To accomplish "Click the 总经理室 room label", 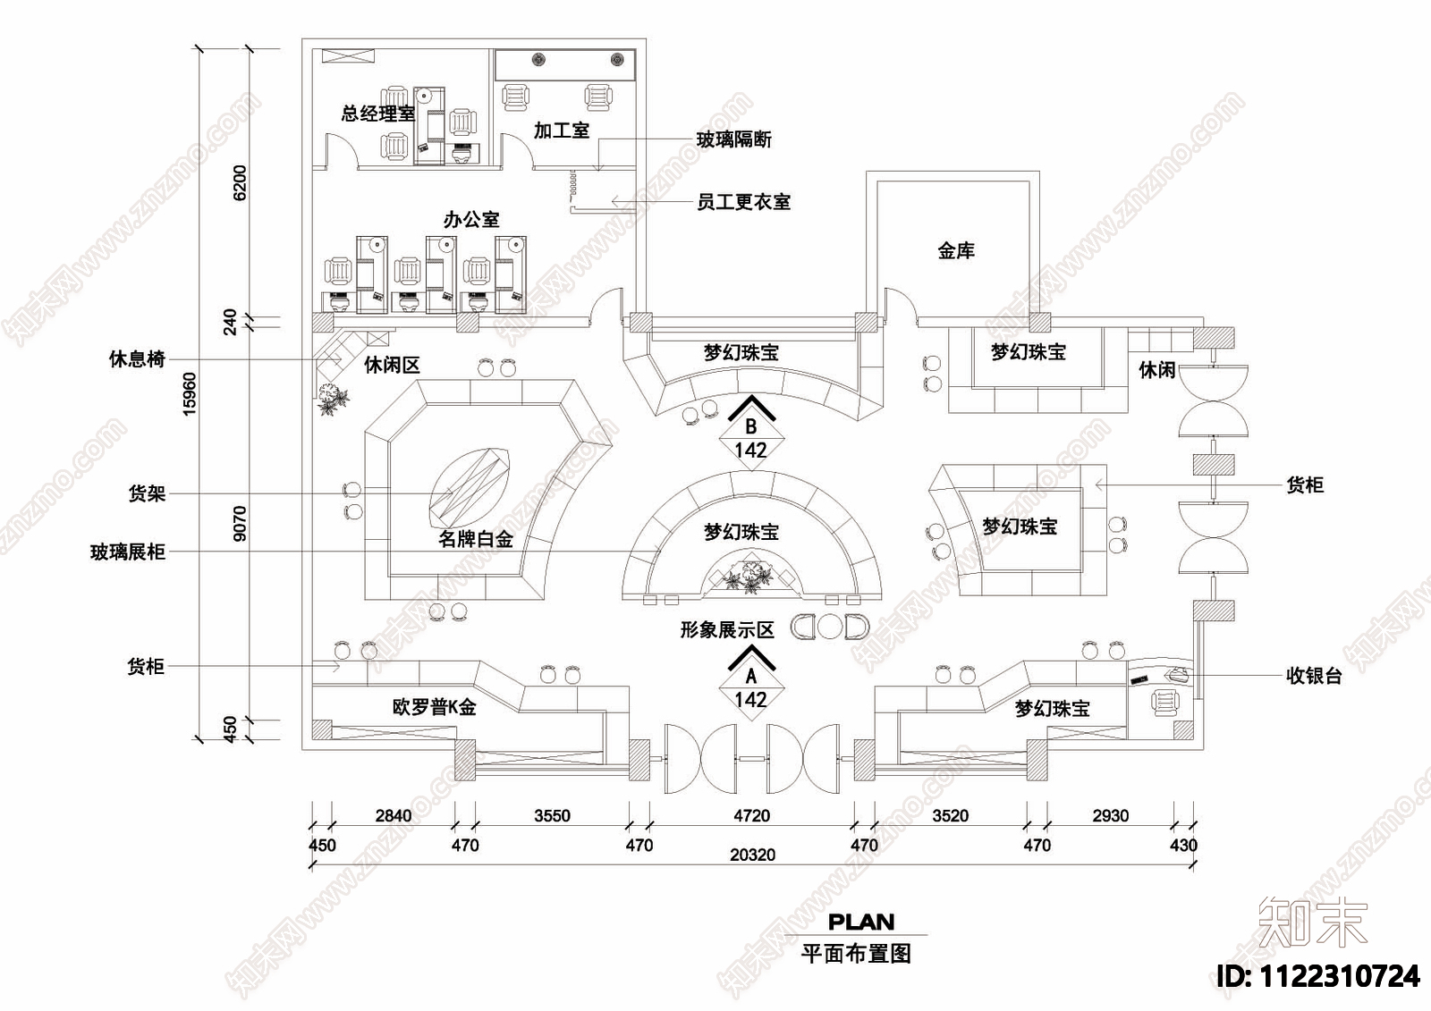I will coord(377,114).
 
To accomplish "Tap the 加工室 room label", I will coord(562,131).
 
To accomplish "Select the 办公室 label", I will coord(471,219).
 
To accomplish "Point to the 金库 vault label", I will coord(955,251).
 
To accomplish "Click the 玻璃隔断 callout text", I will coord(734,139).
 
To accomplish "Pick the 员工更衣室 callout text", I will coord(744,202).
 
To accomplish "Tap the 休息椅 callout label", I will coord(137,359).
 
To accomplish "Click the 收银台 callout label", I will coord(1314,676).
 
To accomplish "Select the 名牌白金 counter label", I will coord(476,539).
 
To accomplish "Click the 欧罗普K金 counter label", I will coord(435,708).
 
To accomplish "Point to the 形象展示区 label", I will coord(726,629).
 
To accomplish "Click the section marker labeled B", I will coord(751,428).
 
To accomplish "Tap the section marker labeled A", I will coord(751,678).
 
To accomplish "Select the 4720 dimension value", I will coord(751,815).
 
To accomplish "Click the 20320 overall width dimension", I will coord(752,855).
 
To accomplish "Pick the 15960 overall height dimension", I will coord(190,394).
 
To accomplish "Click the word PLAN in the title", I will coord(860,922).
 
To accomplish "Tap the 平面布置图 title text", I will coord(856,953).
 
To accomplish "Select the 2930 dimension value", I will coord(1110,815).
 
